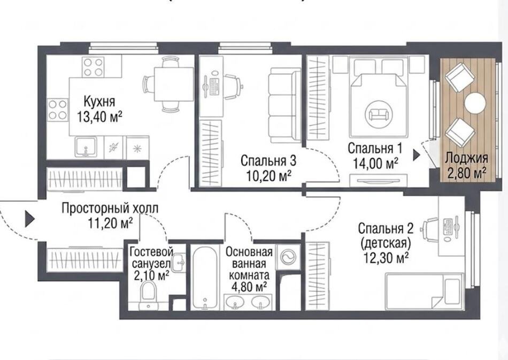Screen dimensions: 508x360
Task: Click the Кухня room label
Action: click(99, 101)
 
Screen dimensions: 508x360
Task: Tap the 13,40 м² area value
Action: click(99, 117)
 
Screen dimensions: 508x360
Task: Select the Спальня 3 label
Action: click(268, 160)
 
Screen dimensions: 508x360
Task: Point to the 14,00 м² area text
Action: click(375, 164)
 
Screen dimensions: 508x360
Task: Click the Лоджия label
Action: click(466, 158)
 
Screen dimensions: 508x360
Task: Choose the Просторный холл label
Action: click(110, 209)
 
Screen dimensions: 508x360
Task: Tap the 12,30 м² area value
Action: click(385, 258)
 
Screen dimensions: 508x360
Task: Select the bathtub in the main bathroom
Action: click(204, 278)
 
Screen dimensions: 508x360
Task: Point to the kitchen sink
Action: click(86, 147)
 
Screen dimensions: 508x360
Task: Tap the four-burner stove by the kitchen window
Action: click(93, 67)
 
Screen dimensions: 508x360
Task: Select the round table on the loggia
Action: click(475, 103)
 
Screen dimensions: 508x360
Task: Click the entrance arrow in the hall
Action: click(30, 218)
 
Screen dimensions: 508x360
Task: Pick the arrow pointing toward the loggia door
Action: click(417, 155)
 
